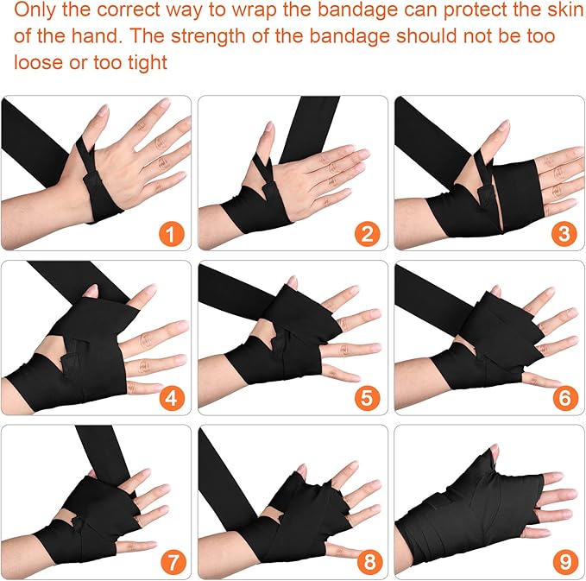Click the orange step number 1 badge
(170, 234)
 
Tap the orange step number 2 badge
(368, 234)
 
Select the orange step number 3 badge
(564, 234)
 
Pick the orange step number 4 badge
(172, 398)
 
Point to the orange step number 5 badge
(368, 398)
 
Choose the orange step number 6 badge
(564, 398)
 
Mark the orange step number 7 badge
(173, 562)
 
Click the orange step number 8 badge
(369, 562)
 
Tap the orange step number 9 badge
(565, 562)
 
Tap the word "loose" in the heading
(38, 61)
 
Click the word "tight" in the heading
(148, 62)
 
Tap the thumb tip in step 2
(268, 128)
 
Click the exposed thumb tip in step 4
(91, 290)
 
